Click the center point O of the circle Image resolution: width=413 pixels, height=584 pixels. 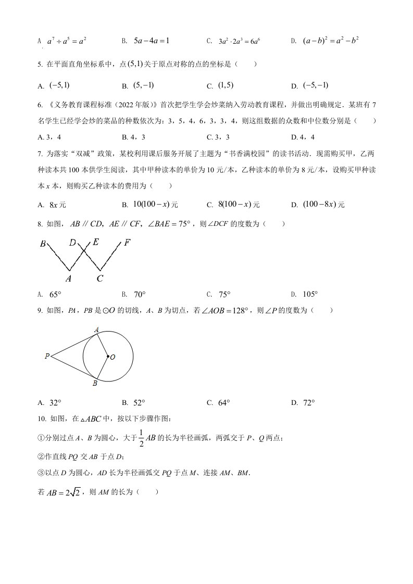click(108, 357)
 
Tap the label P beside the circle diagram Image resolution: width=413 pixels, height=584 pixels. click(47, 357)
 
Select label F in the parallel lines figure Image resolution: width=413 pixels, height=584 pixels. click(128, 243)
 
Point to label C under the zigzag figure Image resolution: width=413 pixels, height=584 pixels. click(99, 279)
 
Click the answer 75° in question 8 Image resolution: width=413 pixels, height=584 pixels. click(224, 295)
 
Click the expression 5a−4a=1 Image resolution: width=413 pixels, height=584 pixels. click(152, 40)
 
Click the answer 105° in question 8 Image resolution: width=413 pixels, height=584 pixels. click(310, 295)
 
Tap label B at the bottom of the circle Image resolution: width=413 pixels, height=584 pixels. click(95, 384)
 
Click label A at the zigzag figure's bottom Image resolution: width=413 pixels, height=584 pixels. click(68, 279)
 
